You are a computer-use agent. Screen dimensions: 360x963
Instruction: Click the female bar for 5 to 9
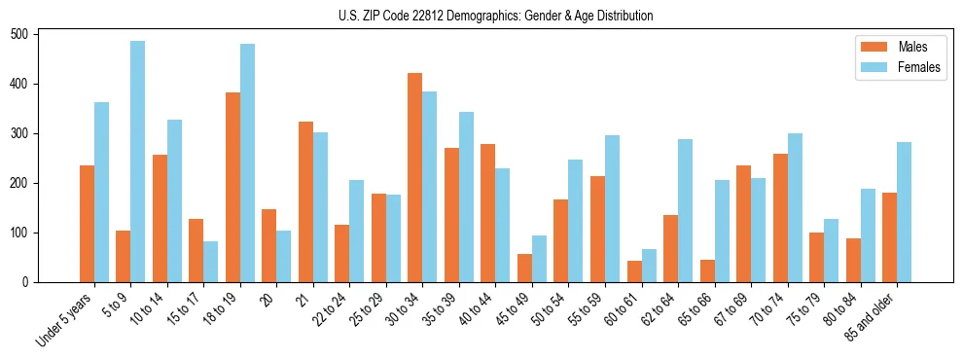tap(137, 162)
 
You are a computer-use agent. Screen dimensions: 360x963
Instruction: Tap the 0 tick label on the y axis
tap(31, 282)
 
